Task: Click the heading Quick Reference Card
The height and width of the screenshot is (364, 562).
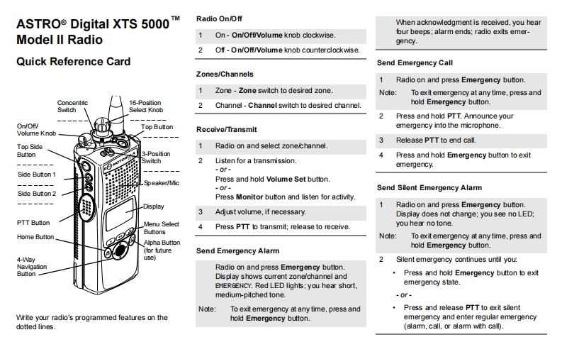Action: (73, 62)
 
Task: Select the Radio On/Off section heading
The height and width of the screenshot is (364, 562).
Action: (220, 18)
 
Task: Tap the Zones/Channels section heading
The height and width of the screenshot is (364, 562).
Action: (224, 74)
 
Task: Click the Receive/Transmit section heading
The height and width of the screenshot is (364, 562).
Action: (226, 129)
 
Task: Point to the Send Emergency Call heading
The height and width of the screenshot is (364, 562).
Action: (415, 63)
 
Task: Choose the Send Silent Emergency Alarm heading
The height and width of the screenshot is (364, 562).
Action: (429, 188)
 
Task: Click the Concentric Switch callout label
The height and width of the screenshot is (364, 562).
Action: (72, 106)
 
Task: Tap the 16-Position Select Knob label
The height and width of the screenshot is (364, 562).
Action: (146, 106)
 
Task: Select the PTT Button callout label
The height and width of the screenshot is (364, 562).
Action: (33, 223)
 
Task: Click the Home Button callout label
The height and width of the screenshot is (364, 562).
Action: (35, 237)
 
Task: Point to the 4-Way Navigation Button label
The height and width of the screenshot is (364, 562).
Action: (31, 267)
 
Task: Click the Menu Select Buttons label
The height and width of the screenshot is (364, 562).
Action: (162, 228)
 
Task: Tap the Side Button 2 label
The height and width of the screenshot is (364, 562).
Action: (36, 194)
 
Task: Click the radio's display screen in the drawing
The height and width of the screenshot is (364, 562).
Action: (120, 214)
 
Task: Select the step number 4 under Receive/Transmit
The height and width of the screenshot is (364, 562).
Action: (200, 227)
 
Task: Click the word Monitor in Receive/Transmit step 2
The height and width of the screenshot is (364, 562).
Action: (249, 197)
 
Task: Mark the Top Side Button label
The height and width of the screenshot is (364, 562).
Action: (30, 150)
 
